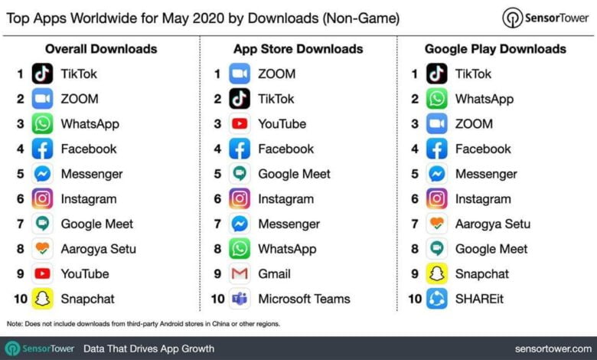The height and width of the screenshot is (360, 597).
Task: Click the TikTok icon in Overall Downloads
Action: click(x=43, y=74)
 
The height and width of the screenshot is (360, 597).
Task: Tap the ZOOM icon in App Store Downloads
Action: click(x=240, y=74)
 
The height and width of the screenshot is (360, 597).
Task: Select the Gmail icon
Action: click(x=240, y=273)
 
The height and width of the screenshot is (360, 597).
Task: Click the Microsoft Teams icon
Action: click(x=240, y=299)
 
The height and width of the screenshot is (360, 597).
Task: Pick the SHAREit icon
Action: click(x=437, y=299)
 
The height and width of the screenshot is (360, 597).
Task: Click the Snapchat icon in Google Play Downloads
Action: click(x=437, y=273)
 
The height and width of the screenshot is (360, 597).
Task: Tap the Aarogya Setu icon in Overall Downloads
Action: click(x=43, y=248)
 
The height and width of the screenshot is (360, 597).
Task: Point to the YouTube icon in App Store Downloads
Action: click(x=240, y=123)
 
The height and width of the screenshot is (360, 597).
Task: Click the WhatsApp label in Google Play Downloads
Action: click(x=484, y=99)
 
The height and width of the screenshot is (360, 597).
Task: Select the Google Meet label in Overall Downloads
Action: click(x=97, y=224)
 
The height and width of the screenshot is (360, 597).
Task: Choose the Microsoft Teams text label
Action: click(x=304, y=299)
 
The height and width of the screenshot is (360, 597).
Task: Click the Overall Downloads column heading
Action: click(x=101, y=49)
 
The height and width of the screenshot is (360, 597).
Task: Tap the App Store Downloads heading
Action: click(x=298, y=49)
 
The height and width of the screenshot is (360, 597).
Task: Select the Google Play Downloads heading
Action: click(x=495, y=49)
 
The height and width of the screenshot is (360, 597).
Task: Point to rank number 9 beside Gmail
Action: click(x=217, y=273)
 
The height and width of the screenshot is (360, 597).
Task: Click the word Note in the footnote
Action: click(x=14, y=324)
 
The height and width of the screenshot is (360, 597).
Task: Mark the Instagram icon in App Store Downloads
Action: click(x=240, y=198)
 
